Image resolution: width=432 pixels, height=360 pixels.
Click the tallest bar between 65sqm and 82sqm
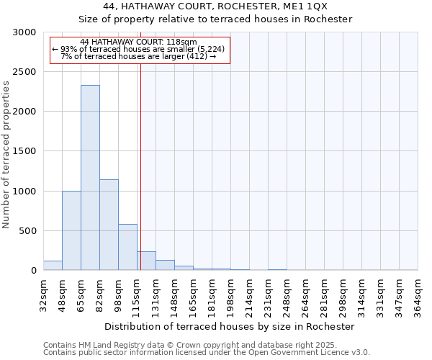pyautogui.click(x=90, y=178)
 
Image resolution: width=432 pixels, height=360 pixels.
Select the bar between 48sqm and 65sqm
pyautogui.click(x=71, y=230)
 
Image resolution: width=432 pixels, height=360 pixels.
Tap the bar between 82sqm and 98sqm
pyautogui.click(x=109, y=225)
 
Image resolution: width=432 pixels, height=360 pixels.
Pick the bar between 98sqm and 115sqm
pyautogui.click(x=127, y=247)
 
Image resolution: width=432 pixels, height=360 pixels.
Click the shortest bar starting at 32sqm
pyautogui.click(x=53, y=266)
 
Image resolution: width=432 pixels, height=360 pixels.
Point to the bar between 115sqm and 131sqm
pyautogui.click(x=146, y=261)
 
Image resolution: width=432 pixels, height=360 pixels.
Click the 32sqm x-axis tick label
pyautogui.click(x=43, y=295)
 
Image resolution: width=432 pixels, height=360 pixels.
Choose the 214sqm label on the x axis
pyautogui.click(x=249, y=295)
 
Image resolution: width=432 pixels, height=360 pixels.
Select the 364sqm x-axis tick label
pyautogui.click(x=418, y=295)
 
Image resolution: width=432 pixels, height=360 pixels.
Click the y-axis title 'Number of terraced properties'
pyautogui.click(x=6, y=155)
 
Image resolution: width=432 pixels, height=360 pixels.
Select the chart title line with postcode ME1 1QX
pyautogui.click(x=215, y=6)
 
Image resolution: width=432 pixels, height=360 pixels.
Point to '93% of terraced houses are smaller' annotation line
pyautogui.click(x=139, y=49)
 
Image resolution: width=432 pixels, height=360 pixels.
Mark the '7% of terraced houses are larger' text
pyautogui.click(x=139, y=56)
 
